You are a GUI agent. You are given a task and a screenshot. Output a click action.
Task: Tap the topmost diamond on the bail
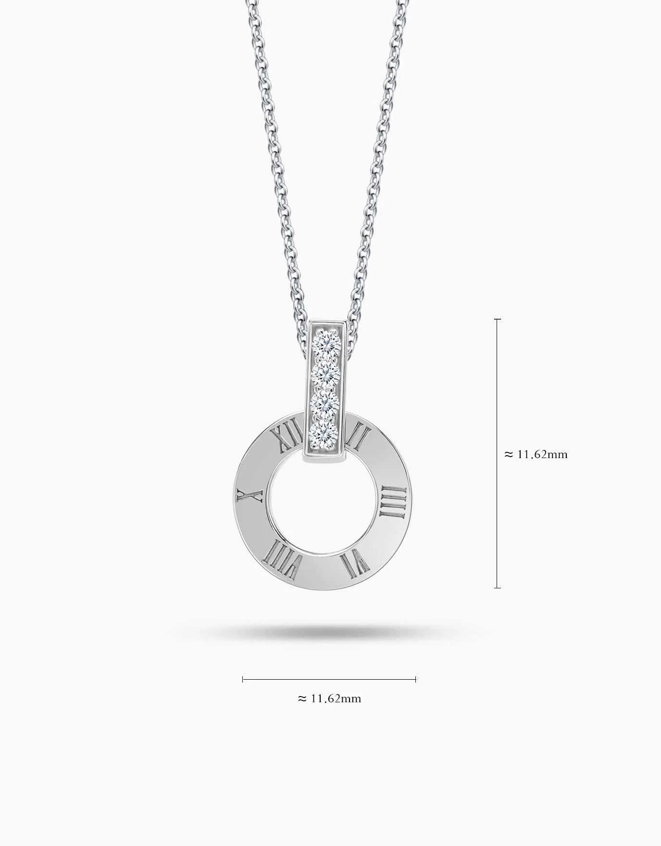point(327,343)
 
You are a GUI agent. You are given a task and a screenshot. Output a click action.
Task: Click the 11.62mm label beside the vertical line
point(542,454)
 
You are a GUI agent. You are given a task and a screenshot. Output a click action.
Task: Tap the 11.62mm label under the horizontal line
point(335,698)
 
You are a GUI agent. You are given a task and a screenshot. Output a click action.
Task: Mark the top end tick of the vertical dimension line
point(498,319)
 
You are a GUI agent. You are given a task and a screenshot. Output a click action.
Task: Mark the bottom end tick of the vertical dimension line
point(498,587)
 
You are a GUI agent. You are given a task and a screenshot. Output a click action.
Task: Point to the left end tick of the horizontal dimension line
point(243,679)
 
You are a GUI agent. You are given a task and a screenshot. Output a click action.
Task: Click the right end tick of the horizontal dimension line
point(415,679)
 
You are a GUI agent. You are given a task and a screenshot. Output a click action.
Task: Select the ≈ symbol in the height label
point(509,454)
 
